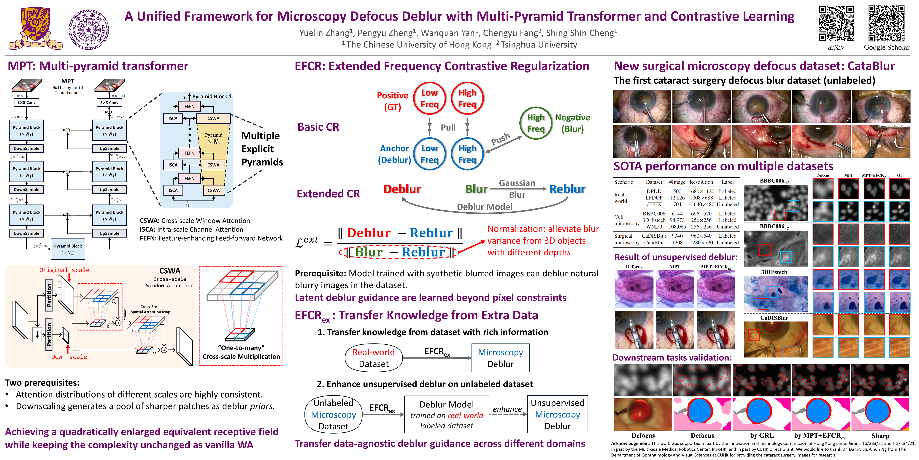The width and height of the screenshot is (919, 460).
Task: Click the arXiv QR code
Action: click(x=836, y=23)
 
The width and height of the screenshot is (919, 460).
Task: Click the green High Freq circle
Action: click(x=536, y=123)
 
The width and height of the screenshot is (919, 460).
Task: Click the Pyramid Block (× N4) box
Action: click(x=68, y=249)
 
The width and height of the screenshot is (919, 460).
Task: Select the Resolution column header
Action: click(x=701, y=182)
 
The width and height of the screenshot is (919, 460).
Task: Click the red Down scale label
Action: click(x=69, y=357)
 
